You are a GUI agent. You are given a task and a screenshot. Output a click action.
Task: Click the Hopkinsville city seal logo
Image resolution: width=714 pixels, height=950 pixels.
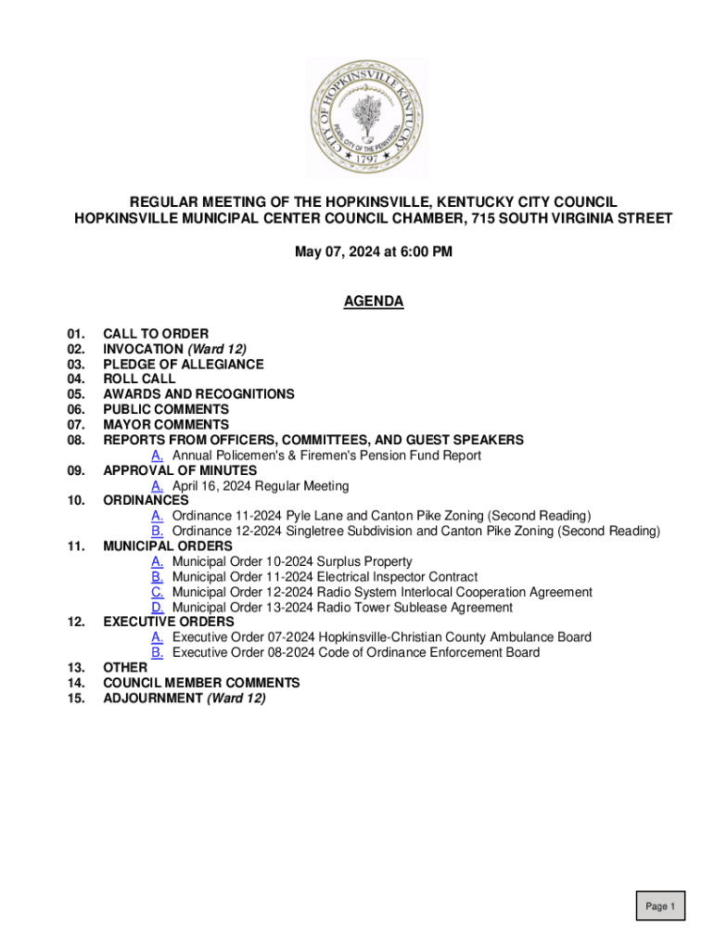(367, 117)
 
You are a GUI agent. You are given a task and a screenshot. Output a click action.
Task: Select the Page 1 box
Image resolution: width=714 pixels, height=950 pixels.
(660, 906)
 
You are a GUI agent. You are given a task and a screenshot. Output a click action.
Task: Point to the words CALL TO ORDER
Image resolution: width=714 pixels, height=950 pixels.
(156, 334)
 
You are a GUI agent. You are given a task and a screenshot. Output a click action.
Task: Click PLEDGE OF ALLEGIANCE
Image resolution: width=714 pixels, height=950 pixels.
(183, 365)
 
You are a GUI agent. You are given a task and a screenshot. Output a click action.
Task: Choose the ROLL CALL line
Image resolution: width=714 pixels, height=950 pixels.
(139, 379)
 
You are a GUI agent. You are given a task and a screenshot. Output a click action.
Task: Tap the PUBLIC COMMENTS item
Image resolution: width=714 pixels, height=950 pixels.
(165, 409)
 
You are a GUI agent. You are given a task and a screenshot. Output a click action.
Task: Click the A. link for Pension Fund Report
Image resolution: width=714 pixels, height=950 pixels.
(158, 456)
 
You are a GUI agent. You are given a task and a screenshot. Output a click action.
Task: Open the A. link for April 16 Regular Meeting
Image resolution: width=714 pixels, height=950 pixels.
(158, 486)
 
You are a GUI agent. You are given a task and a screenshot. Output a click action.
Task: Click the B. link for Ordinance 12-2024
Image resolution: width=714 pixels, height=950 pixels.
(158, 532)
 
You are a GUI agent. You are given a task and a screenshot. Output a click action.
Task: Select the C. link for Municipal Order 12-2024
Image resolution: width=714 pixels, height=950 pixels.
(158, 592)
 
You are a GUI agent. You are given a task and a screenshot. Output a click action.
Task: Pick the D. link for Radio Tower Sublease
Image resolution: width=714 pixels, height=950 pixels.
(158, 608)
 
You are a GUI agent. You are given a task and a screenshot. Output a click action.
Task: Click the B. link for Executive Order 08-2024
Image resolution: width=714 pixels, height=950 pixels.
(158, 653)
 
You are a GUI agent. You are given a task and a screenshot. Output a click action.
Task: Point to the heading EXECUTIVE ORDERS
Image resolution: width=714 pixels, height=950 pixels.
(168, 623)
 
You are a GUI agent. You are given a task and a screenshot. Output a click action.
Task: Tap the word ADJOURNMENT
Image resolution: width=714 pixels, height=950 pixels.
(152, 699)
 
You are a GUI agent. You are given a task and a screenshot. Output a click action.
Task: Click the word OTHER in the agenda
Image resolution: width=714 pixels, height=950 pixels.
(125, 668)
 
